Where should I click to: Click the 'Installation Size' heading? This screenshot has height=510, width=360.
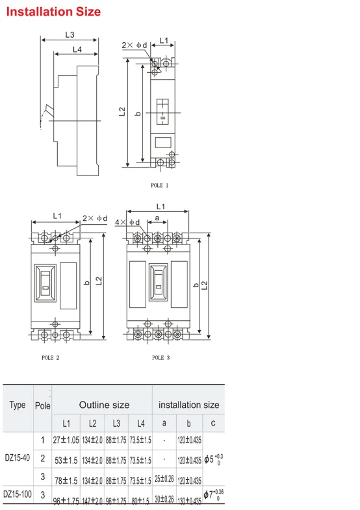(x=53, y=12)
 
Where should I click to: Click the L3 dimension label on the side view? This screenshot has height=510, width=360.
(x=70, y=35)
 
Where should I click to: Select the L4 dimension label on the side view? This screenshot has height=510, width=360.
(x=77, y=49)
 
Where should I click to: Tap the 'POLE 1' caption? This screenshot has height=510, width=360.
(x=159, y=185)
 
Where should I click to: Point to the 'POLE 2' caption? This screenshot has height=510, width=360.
(x=51, y=357)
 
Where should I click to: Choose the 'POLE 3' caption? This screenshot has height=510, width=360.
(x=161, y=357)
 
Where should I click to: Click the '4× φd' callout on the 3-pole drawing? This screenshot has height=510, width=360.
(x=127, y=222)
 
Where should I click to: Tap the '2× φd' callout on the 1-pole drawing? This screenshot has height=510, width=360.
(x=135, y=45)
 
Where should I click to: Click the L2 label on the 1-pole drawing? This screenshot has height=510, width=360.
(x=122, y=112)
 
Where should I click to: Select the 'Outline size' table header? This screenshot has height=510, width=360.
(x=104, y=405)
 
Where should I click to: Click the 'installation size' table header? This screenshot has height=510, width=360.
(x=189, y=405)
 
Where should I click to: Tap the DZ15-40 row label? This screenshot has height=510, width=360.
(x=17, y=458)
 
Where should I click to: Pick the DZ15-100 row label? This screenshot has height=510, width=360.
(x=17, y=494)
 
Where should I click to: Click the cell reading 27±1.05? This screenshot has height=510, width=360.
(x=66, y=440)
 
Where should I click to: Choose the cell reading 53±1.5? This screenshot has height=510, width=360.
(x=66, y=460)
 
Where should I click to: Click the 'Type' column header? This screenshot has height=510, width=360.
(x=18, y=405)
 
